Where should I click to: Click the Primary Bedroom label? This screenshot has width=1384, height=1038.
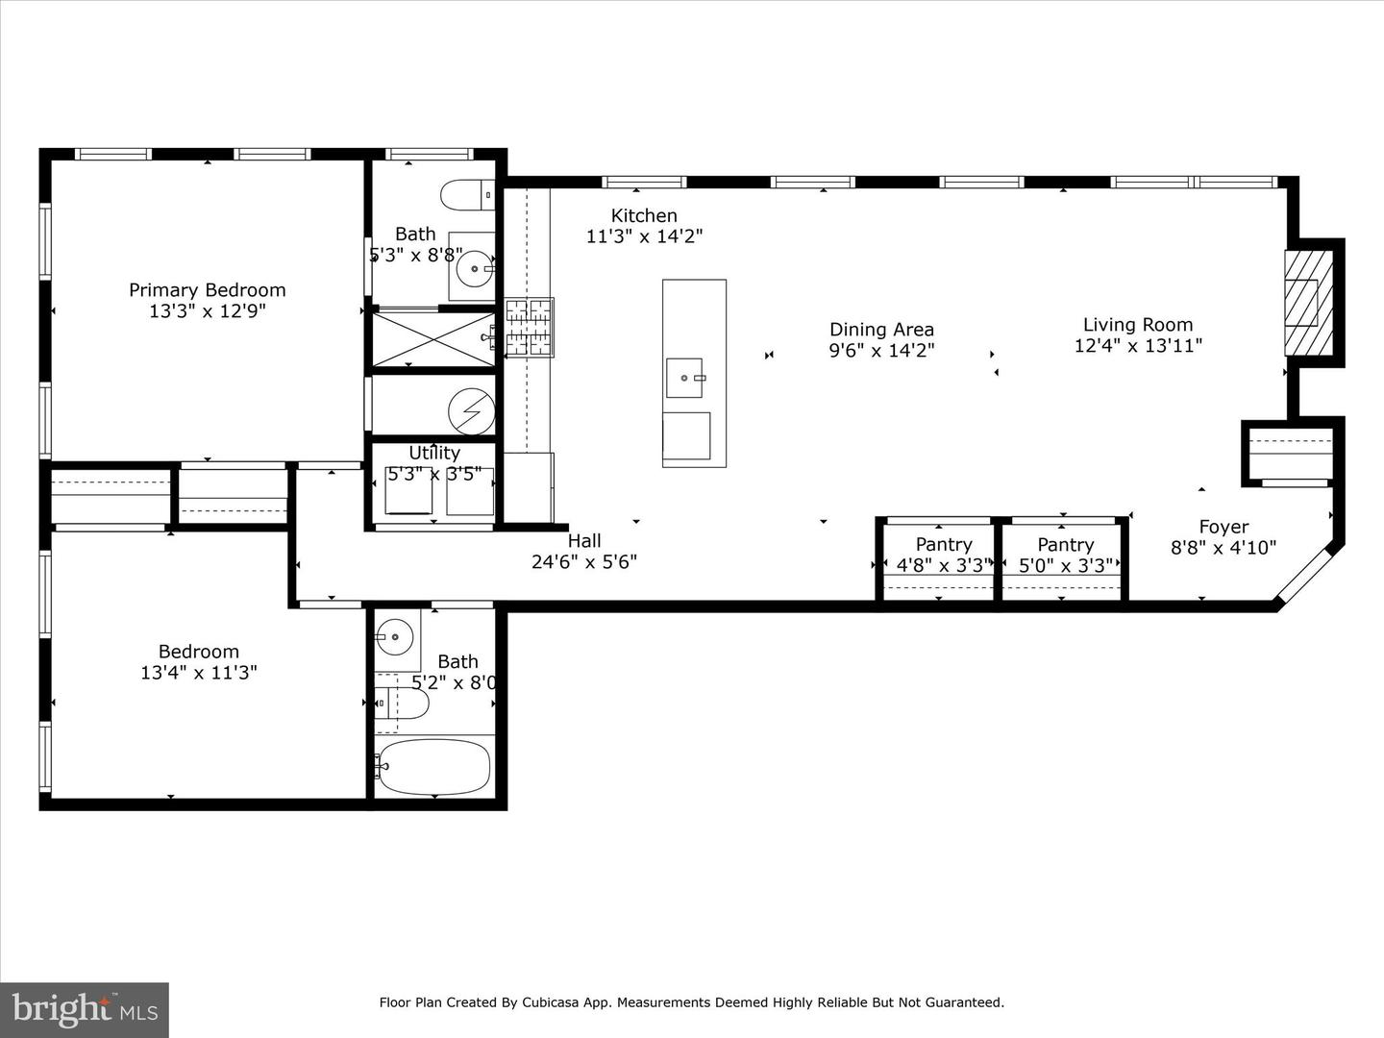[207, 290]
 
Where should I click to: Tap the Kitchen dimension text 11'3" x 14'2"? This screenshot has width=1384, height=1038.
[644, 236]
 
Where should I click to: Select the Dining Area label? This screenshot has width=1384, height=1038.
[881, 330]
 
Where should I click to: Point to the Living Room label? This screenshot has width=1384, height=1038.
[1137, 325]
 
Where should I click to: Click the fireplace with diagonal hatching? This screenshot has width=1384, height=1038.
[1308, 303]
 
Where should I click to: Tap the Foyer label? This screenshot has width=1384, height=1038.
[1223, 527]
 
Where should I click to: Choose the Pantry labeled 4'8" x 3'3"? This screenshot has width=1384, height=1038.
[943, 556]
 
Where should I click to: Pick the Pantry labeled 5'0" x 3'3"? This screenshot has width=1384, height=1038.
[1065, 556]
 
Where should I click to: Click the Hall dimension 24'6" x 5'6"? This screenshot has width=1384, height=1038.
[583, 562]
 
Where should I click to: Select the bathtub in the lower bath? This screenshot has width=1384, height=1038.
[433, 766]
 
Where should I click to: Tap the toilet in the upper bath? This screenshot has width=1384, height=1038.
[466, 195]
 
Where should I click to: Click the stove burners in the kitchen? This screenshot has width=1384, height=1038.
[529, 327]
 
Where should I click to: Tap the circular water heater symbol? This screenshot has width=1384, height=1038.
[471, 411]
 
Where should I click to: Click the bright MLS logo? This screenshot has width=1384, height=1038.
[84, 1009]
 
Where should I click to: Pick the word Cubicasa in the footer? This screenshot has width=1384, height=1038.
[552, 1002]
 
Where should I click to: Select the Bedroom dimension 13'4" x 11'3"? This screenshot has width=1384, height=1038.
[198, 673]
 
